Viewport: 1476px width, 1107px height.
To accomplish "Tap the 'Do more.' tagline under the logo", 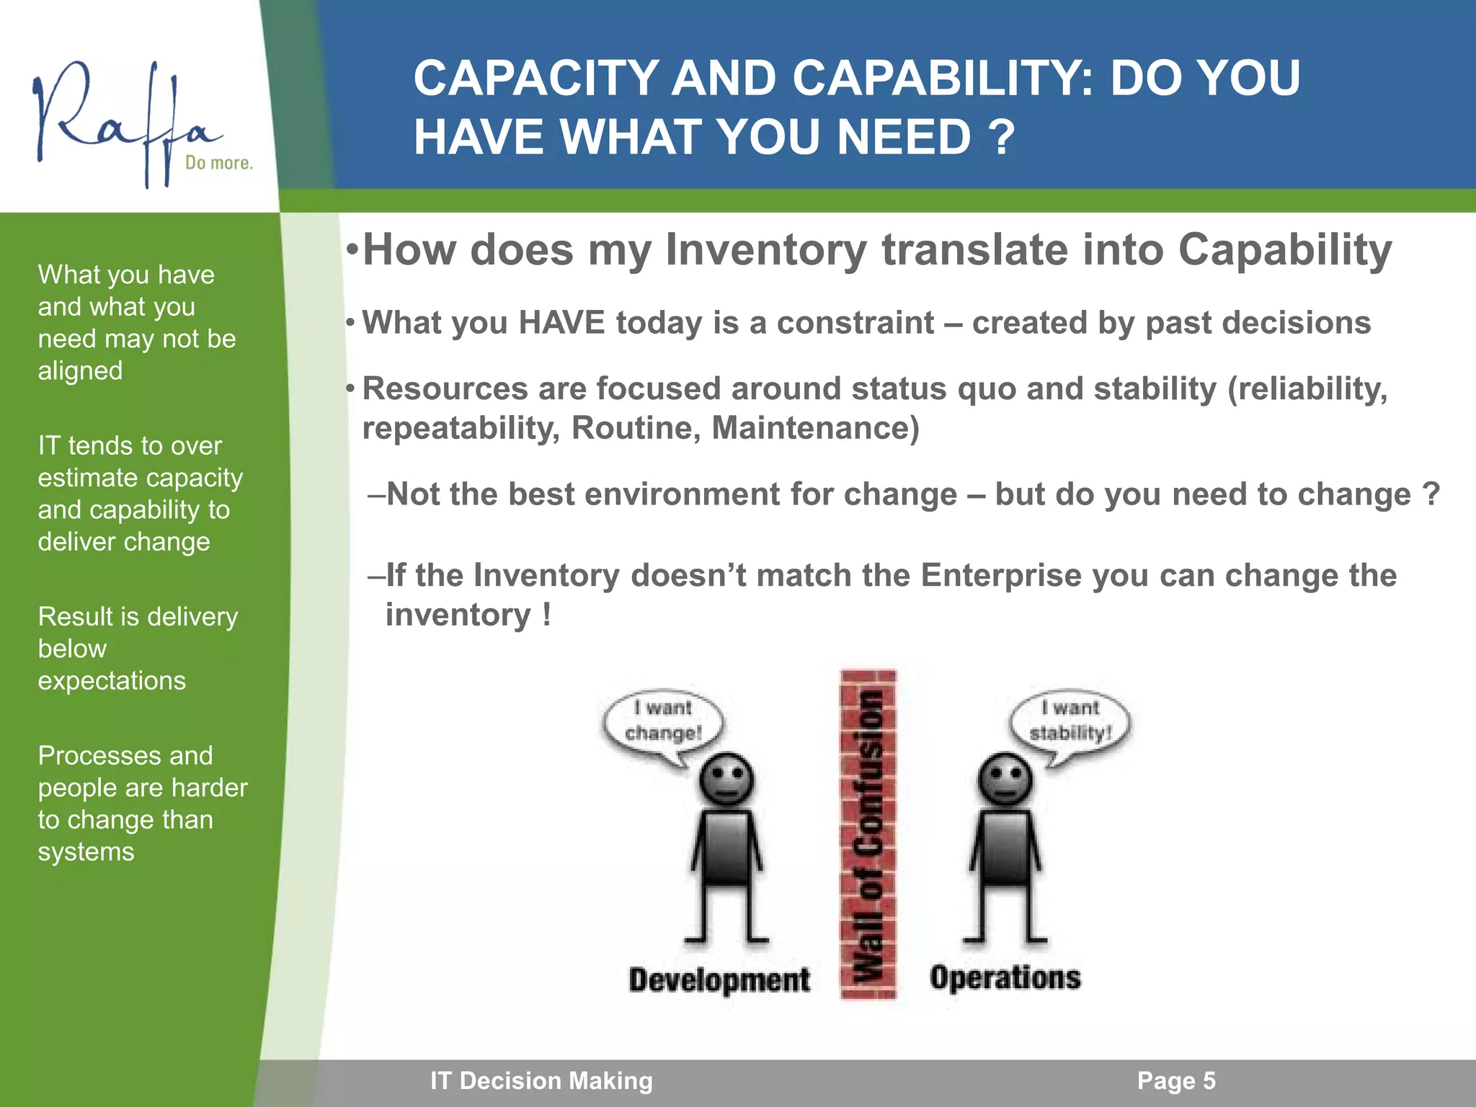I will point(219,163).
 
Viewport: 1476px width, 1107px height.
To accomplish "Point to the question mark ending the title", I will point(1002,137).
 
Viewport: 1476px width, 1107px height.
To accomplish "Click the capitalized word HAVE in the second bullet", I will point(561,323).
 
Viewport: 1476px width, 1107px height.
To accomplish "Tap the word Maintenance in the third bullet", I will point(814,428).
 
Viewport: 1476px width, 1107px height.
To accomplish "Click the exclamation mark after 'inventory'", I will point(547,615).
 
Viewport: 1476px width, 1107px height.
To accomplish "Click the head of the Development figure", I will point(727,780).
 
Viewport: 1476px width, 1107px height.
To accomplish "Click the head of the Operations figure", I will point(1005,780).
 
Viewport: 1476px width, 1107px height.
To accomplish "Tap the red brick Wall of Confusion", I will point(868,836).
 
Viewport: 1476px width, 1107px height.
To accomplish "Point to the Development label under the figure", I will point(719,980).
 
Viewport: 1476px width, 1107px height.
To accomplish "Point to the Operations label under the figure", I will point(1005,978).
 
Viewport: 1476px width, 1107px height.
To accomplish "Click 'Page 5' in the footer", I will point(1176,1081).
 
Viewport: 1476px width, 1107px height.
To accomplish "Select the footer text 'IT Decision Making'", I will point(541,1081).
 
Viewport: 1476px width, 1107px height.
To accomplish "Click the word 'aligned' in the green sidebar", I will point(80,371).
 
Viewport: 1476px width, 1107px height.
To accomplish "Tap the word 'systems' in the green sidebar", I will point(86,852).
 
